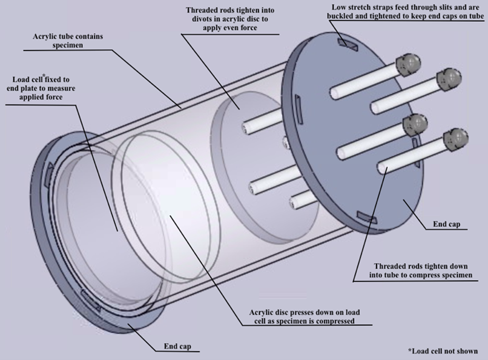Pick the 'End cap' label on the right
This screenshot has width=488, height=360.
point(447,225)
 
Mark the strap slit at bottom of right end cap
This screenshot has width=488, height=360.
point(368,216)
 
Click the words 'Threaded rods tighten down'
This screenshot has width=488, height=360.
point(414,267)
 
